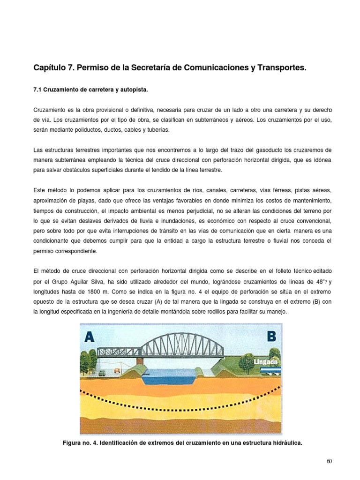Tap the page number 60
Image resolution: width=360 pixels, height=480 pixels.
point(329,461)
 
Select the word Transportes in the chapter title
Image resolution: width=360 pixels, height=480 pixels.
point(280,68)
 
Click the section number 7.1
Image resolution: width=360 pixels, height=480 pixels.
point(38,89)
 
